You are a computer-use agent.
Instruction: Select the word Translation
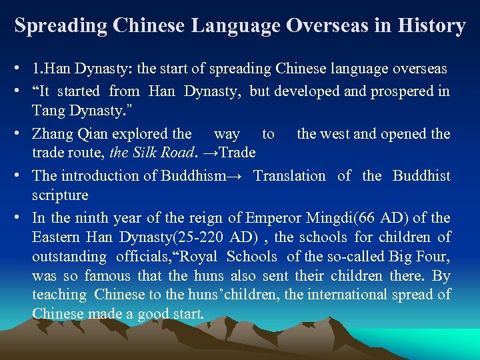(289, 176)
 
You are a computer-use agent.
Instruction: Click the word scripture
(60, 195)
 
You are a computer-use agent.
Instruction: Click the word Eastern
(55, 237)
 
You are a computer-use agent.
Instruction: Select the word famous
(107, 276)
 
